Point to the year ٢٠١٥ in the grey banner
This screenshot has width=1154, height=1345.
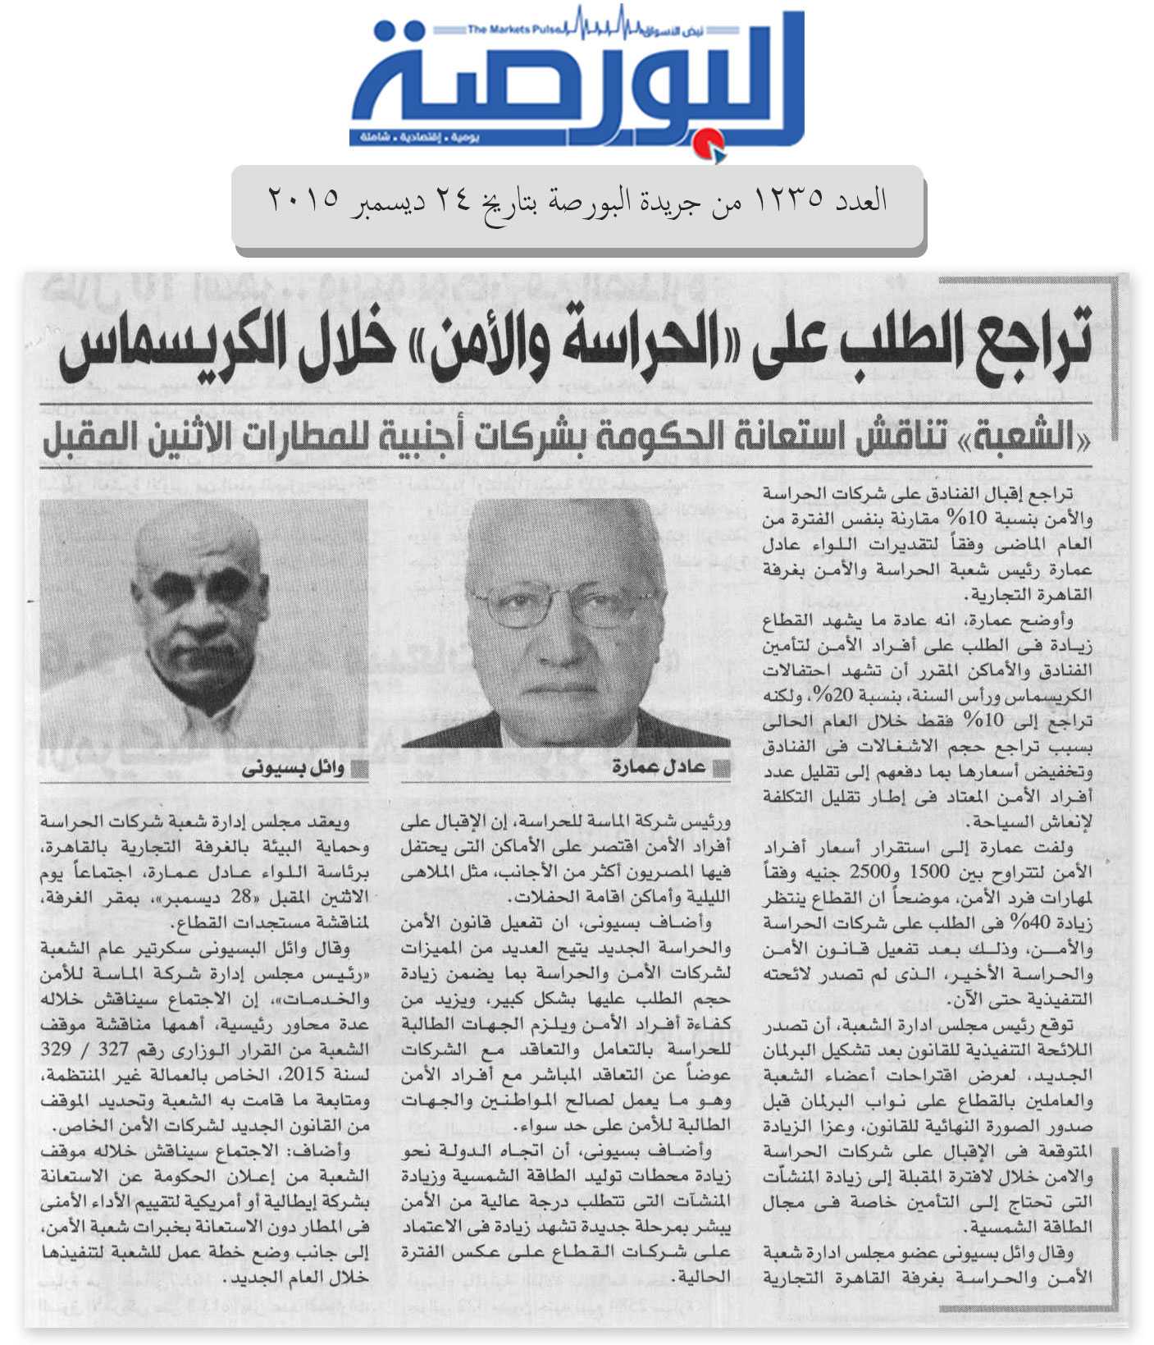tap(303, 200)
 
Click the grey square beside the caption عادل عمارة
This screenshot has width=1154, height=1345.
tap(722, 768)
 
